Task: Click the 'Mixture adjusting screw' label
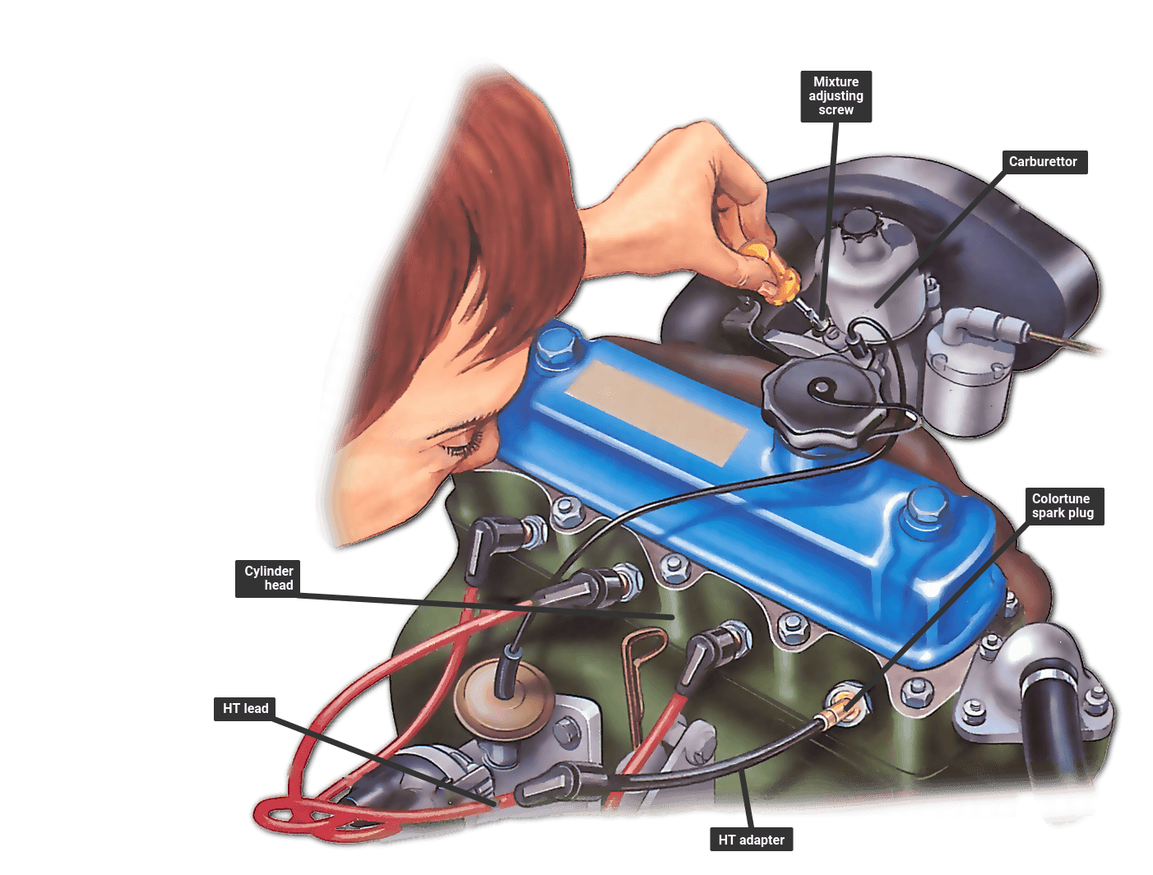click(836, 96)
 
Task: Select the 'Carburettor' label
click(1044, 162)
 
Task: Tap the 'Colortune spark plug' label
click(1064, 506)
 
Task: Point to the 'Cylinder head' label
click(267, 578)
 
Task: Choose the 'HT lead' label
click(245, 709)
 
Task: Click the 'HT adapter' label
click(751, 840)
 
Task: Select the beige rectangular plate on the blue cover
click(657, 412)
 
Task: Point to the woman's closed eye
click(462, 447)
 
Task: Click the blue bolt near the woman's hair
click(558, 343)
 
